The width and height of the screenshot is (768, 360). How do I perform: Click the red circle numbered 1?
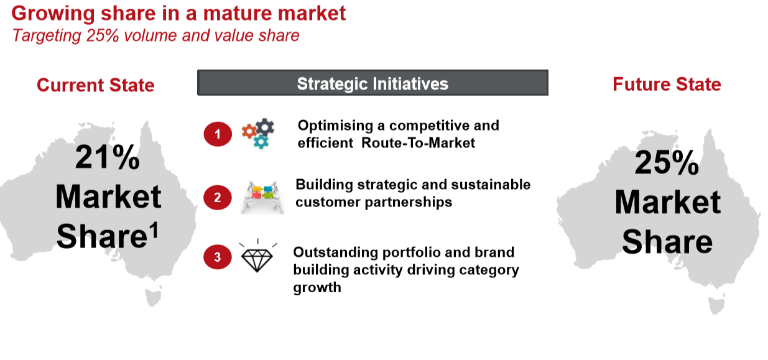click(218, 134)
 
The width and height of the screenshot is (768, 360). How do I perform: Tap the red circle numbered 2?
click(218, 198)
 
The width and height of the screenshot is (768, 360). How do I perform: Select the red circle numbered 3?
click(218, 257)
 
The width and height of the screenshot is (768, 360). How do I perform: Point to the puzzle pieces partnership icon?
click(262, 196)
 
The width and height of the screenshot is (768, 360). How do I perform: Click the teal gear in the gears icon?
click(261, 142)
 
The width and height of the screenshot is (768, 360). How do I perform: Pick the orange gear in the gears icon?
click(249, 131)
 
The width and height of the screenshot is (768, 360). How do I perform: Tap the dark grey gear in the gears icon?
click(265, 127)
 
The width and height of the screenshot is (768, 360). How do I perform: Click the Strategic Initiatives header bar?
click(372, 83)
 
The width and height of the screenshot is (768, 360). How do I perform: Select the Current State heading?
click(96, 85)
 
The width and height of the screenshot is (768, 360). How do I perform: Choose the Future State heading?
click(667, 85)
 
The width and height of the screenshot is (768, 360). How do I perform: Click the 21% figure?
click(108, 157)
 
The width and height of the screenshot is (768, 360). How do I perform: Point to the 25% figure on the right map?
click(667, 162)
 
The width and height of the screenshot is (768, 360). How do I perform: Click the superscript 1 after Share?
click(155, 230)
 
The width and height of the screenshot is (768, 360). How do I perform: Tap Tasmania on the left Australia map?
click(153, 297)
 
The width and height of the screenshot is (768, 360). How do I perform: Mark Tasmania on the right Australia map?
click(716, 305)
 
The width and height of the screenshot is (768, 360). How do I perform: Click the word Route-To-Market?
click(419, 143)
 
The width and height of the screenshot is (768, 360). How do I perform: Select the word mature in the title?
click(238, 14)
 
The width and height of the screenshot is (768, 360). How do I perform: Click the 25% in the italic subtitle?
click(103, 35)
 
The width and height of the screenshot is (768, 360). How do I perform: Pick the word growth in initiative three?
click(317, 288)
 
